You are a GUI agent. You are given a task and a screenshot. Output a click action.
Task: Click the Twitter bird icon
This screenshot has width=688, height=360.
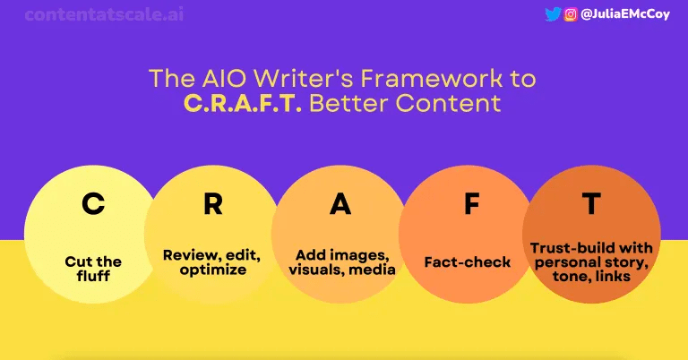[x=553, y=14]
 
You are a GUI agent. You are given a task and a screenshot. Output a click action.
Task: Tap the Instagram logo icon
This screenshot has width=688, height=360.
[x=571, y=14]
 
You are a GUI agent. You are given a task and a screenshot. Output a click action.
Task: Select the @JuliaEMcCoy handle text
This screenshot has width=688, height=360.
[x=624, y=14]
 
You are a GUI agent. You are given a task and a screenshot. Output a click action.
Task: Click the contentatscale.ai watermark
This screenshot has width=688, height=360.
[x=104, y=14]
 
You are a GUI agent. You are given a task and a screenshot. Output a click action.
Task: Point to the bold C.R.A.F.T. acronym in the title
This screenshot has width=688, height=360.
[x=242, y=104]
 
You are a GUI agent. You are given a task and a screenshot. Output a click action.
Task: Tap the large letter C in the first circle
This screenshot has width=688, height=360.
[x=93, y=203]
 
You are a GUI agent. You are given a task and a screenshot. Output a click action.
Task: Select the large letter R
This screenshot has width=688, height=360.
[x=213, y=203]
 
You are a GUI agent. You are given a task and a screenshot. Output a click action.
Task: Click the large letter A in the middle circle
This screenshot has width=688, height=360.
[x=340, y=203]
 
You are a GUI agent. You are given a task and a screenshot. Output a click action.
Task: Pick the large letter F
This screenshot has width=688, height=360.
[x=472, y=203]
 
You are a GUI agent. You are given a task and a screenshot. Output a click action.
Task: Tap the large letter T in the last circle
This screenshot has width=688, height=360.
[x=591, y=203]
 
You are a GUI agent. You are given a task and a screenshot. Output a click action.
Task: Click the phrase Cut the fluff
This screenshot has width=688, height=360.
[x=93, y=269]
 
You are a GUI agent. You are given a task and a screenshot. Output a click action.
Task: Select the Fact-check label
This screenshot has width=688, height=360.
[x=468, y=262]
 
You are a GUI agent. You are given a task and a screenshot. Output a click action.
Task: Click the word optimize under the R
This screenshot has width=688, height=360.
[x=213, y=270]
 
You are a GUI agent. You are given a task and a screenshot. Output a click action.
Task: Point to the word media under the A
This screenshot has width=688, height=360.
[x=372, y=270]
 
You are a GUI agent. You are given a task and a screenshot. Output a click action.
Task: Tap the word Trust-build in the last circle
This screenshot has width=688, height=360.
[x=562, y=248]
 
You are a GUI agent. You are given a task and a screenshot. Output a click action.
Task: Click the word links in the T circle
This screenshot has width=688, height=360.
[x=614, y=276]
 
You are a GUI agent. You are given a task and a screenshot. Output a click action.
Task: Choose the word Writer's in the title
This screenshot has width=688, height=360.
[x=304, y=79]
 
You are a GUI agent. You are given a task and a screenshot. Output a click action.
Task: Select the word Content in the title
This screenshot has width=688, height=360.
[x=448, y=104]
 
